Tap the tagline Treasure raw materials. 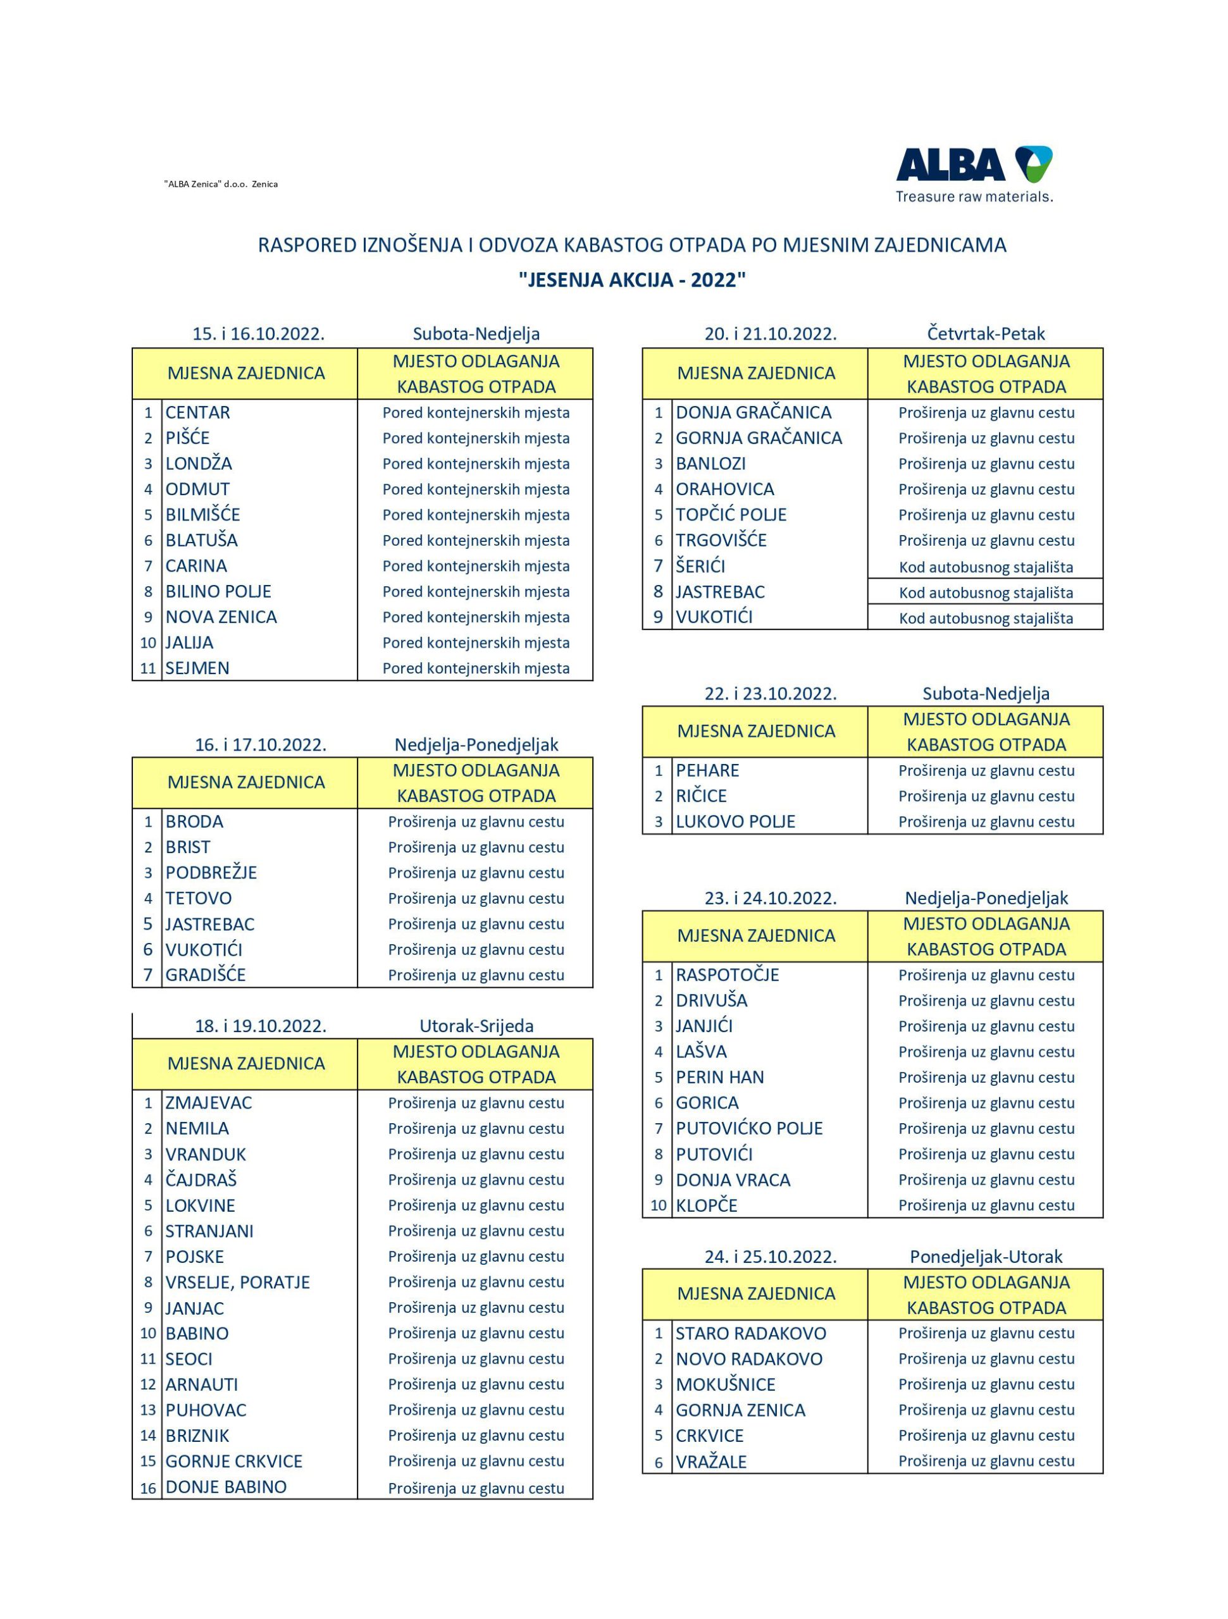click(974, 197)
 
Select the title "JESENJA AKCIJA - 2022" click(631, 280)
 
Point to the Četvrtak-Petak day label click(986, 334)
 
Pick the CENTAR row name click(198, 413)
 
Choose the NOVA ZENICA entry click(221, 617)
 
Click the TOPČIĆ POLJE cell click(731, 515)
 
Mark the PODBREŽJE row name click(211, 873)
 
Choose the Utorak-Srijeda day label click(476, 1026)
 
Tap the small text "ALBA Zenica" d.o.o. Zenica click(220, 185)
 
